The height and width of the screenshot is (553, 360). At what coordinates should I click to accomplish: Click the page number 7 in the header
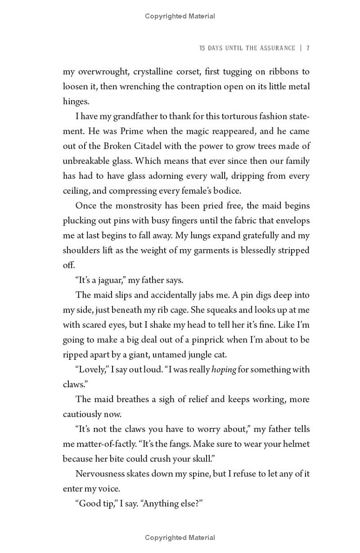click(308, 48)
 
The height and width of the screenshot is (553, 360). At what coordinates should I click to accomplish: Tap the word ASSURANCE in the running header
click(278, 48)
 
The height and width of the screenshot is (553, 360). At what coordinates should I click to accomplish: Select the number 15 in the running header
click(202, 48)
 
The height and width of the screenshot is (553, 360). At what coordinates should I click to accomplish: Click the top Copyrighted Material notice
click(180, 16)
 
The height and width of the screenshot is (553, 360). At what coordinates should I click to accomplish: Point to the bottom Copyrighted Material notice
click(180, 537)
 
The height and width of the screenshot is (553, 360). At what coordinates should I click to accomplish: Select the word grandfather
click(137, 116)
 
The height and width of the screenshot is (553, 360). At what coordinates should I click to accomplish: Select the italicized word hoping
click(224, 369)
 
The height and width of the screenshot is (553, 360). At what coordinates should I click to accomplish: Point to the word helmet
click(296, 444)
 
